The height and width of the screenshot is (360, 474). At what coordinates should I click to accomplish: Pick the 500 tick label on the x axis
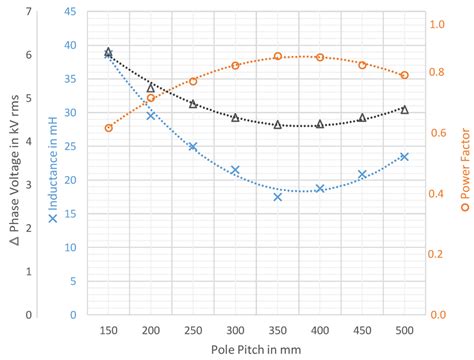point(404,329)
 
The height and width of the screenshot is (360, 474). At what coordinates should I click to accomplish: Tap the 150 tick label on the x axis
point(108,329)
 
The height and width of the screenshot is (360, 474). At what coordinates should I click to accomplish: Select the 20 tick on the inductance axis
point(69,180)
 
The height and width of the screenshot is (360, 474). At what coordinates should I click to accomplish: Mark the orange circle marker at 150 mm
point(108,128)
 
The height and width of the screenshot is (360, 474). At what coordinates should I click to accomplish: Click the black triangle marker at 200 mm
point(151,88)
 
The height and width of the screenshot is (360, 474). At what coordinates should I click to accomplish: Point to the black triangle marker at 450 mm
point(362,118)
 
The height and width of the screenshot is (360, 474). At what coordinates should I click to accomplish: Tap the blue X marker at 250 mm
point(193,147)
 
